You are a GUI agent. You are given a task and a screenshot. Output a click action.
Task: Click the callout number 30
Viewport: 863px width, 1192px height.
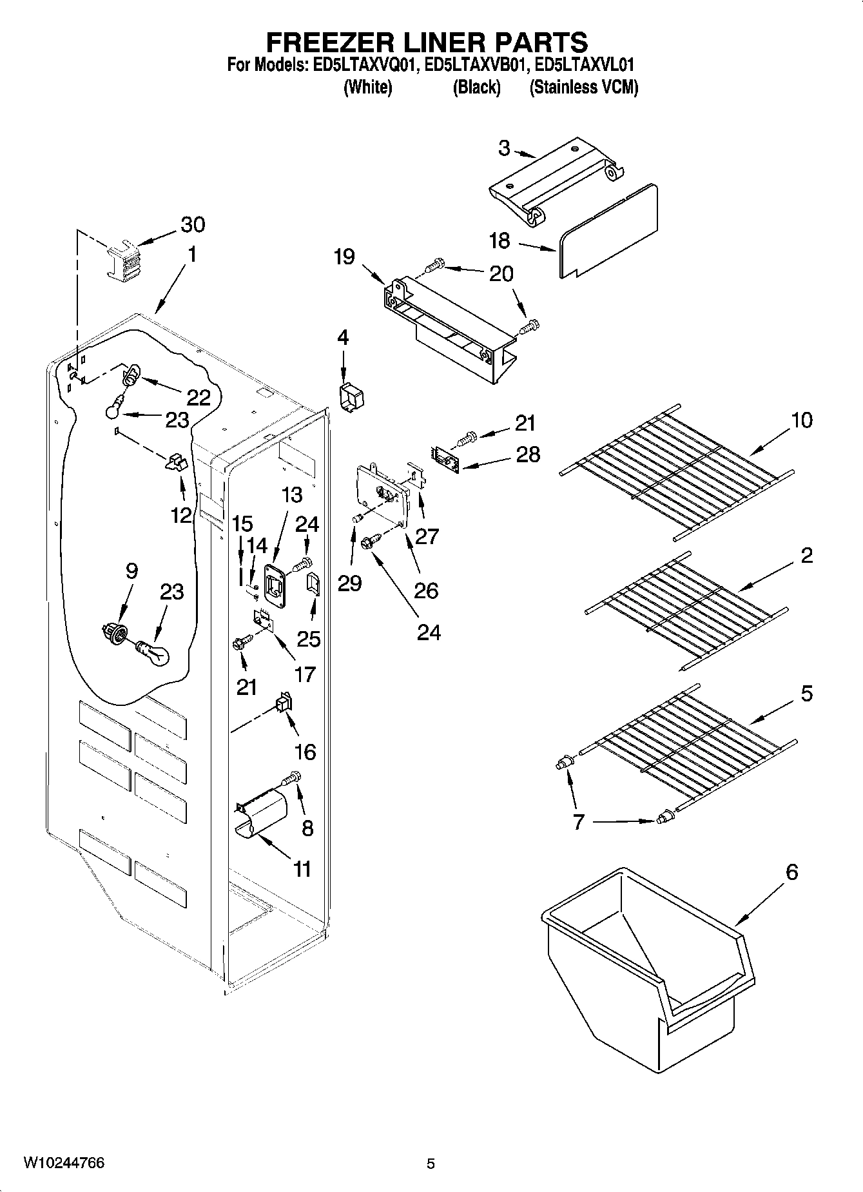193,225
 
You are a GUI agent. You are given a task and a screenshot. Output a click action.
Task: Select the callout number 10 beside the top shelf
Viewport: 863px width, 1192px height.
802,420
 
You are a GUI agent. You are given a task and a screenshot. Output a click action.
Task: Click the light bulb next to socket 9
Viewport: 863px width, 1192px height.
154,652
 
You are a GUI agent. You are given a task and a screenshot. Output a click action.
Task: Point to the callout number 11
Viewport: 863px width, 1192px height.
302,869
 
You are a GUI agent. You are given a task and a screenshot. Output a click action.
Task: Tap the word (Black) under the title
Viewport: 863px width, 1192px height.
476,88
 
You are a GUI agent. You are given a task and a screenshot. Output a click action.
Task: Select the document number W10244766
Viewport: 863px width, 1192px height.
64,1164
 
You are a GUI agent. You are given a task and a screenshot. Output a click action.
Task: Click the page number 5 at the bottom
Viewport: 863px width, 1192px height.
431,1164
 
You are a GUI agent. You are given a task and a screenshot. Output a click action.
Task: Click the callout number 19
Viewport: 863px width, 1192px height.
344,257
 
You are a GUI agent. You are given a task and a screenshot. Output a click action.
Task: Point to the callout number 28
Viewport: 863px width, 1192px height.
528,454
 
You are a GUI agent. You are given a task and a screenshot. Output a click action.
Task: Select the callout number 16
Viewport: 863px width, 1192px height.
305,752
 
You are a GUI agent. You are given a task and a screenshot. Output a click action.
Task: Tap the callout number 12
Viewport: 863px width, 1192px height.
181,515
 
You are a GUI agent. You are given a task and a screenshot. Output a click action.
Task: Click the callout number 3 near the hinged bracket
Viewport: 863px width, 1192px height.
504,148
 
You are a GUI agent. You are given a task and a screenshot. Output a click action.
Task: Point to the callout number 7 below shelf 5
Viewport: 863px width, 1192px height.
578,823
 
